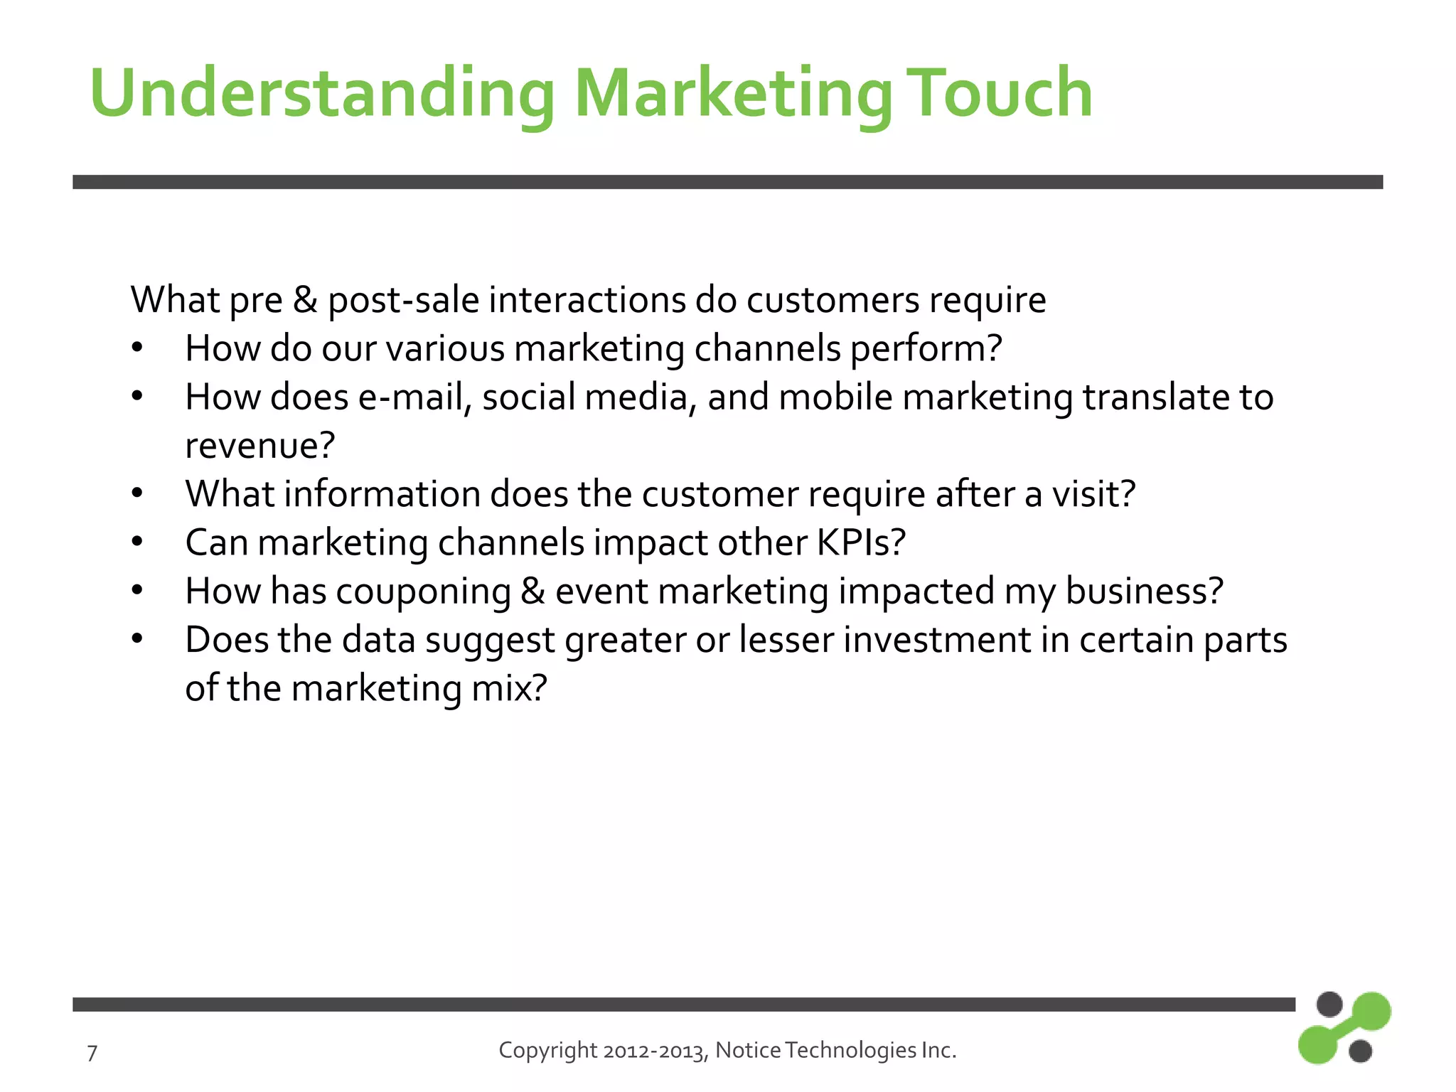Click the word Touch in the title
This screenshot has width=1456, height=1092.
pyautogui.click(x=1001, y=93)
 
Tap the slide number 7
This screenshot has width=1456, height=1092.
pyautogui.click(x=92, y=1053)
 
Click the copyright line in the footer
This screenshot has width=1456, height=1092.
pyautogui.click(x=727, y=1050)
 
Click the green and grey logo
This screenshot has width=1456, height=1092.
pyautogui.click(x=1343, y=1028)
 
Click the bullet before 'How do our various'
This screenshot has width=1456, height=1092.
pyautogui.click(x=137, y=348)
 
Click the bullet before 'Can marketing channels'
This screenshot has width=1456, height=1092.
pyautogui.click(x=137, y=542)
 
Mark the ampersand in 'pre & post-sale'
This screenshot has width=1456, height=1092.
pyautogui.click(x=305, y=299)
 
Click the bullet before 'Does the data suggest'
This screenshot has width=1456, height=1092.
pyautogui.click(x=137, y=638)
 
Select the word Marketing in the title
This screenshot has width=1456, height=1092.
pyautogui.click(x=732, y=95)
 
